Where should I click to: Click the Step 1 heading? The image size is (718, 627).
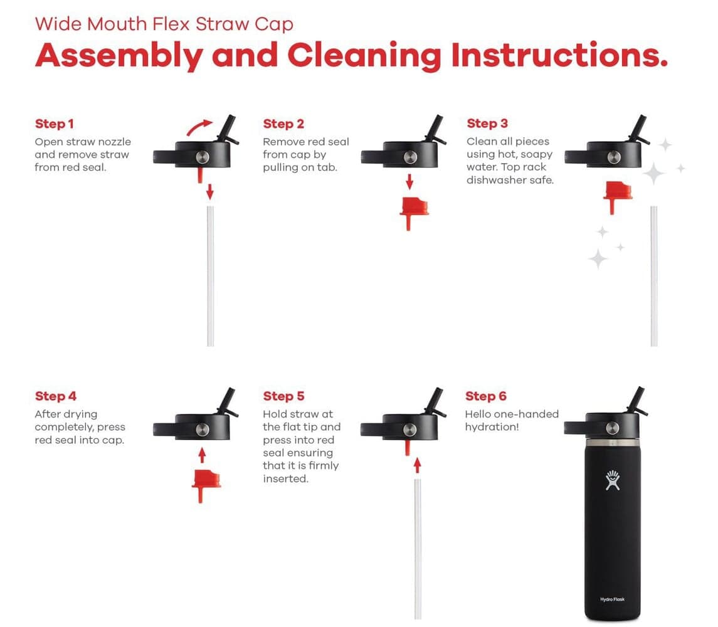pyautogui.click(x=54, y=124)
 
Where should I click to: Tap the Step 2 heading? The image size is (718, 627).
pyautogui.click(x=283, y=124)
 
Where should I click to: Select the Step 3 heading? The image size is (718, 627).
pyautogui.click(x=487, y=123)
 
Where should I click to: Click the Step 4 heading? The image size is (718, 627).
pyautogui.click(x=55, y=396)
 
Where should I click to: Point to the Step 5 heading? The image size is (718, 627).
pyautogui.click(x=283, y=396)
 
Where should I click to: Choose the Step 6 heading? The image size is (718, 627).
pyautogui.click(x=486, y=396)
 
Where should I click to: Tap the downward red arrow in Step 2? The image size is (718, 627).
pyautogui.click(x=409, y=182)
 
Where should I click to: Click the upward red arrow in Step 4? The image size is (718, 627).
pyautogui.click(x=202, y=455)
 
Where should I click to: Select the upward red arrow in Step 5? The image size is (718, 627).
pyautogui.click(x=417, y=465)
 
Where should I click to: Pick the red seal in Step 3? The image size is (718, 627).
pyautogui.click(x=618, y=196)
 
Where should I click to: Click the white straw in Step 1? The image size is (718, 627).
pyautogui.click(x=210, y=276)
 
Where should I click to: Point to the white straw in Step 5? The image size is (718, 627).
pyautogui.click(x=418, y=549)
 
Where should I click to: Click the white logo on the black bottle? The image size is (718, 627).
pyautogui.click(x=612, y=480)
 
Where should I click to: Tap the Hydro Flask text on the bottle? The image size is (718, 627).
pyautogui.click(x=612, y=599)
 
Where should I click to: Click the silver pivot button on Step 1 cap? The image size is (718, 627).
pyautogui.click(x=203, y=157)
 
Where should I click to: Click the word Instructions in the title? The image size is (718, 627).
pyautogui.click(x=559, y=55)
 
